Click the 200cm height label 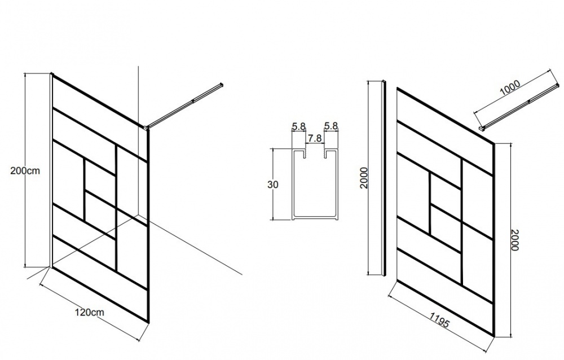[x=25, y=170]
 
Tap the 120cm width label [x=89, y=312]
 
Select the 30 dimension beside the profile [x=273, y=185]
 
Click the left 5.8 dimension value [x=299, y=126]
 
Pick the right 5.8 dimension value [x=331, y=126]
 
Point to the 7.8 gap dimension [x=314, y=139]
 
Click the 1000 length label [x=510, y=87]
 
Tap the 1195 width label [x=439, y=319]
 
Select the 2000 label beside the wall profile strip [x=364, y=178]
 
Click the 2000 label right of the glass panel [x=515, y=240]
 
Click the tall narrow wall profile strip [x=384, y=178]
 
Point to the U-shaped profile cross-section [x=315, y=183]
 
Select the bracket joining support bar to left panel [x=147, y=127]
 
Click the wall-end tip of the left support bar [x=222, y=85]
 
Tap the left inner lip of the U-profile [x=305, y=155]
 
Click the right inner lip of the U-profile [x=325, y=155]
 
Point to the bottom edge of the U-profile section [x=315, y=218]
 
